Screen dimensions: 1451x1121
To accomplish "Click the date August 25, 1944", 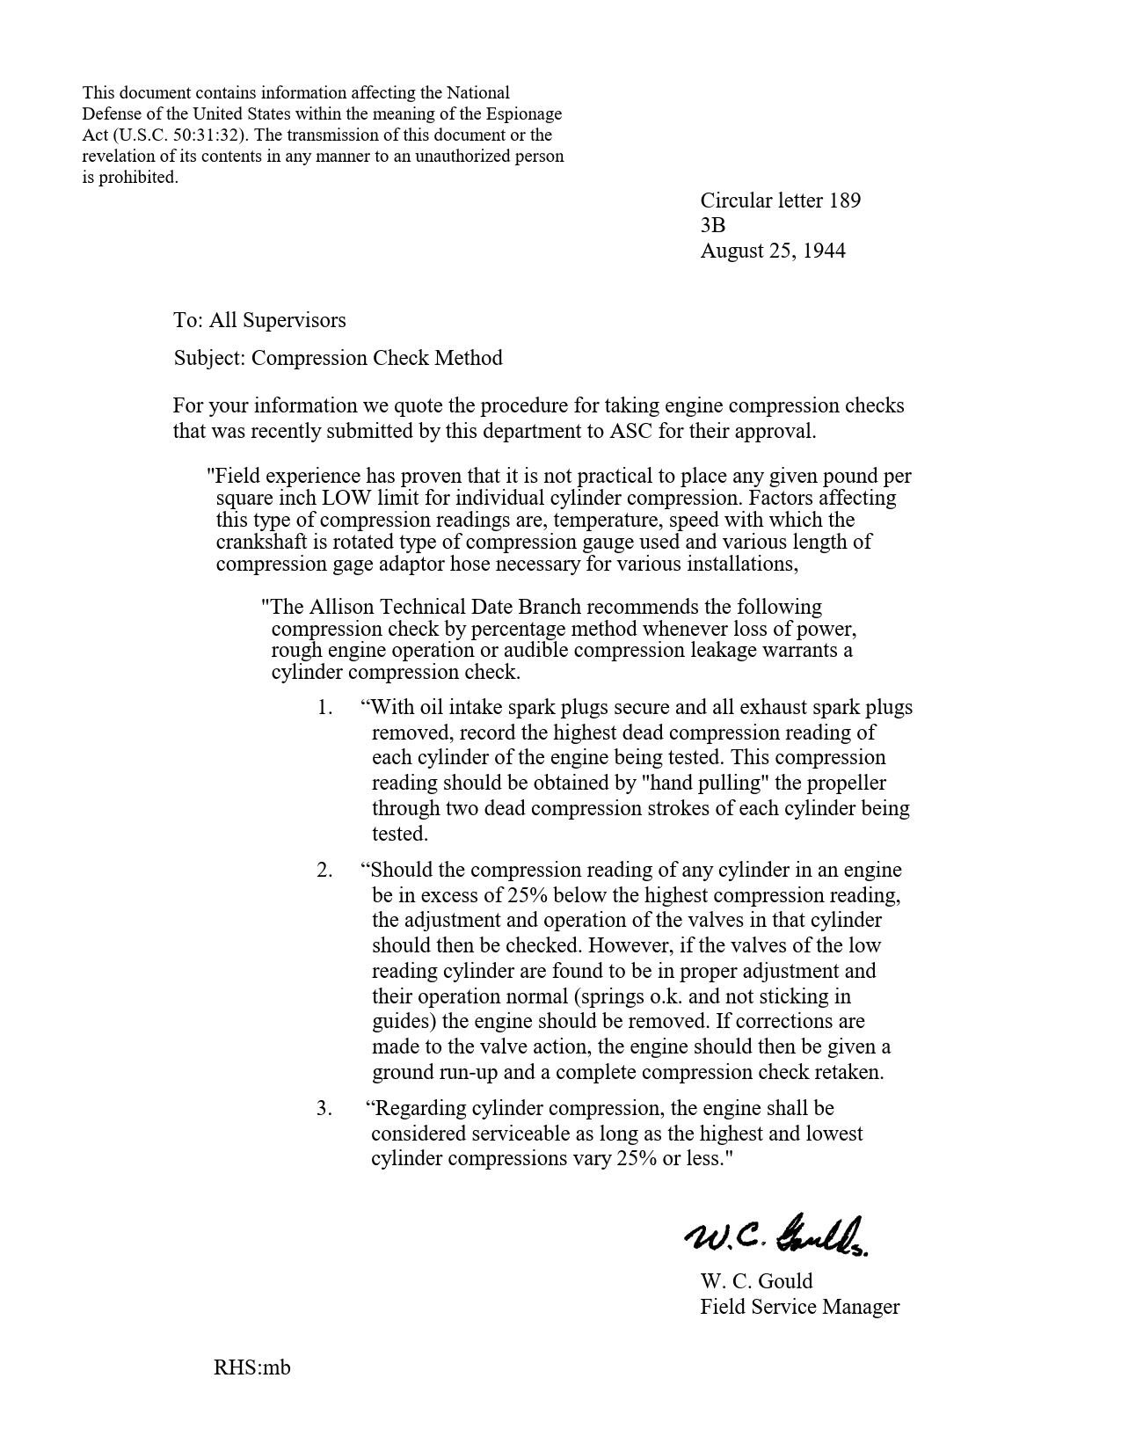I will tap(772, 251).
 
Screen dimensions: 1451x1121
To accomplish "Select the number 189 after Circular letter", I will tap(844, 201).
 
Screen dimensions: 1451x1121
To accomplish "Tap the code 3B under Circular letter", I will tap(712, 226).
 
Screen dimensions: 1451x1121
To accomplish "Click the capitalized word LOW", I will tap(346, 498).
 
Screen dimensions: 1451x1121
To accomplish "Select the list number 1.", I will tap(324, 708).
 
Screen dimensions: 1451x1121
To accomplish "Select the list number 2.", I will tap(324, 871).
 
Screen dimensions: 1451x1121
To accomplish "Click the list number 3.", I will tap(324, 1109).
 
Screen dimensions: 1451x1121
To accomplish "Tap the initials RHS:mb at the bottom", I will tap(251, 1367).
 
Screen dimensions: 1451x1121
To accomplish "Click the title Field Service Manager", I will tap(799, 1307).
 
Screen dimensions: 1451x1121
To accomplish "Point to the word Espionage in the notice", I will tap(523, 114).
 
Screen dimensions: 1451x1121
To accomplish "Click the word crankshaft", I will tap(258, 542).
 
